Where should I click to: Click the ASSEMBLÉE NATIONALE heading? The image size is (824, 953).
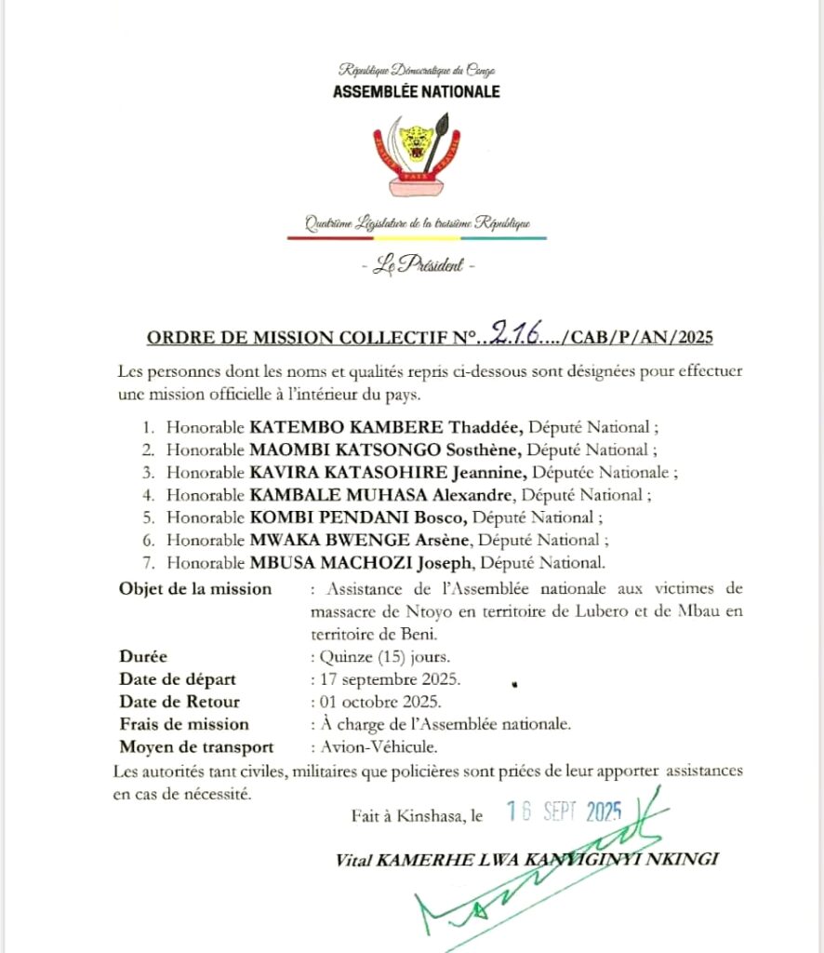click(x=416, y=91)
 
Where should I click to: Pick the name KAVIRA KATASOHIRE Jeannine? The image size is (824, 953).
click(x=388, y=473)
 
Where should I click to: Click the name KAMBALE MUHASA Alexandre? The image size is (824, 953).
click(x=382, y=495)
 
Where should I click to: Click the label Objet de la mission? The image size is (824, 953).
click(x=195, y=588)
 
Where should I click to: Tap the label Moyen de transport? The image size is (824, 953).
click(x=196, y=746)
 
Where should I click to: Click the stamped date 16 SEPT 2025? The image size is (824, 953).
click(x=564, y=812)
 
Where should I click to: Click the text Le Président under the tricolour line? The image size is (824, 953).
click(x=417, y=265)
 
